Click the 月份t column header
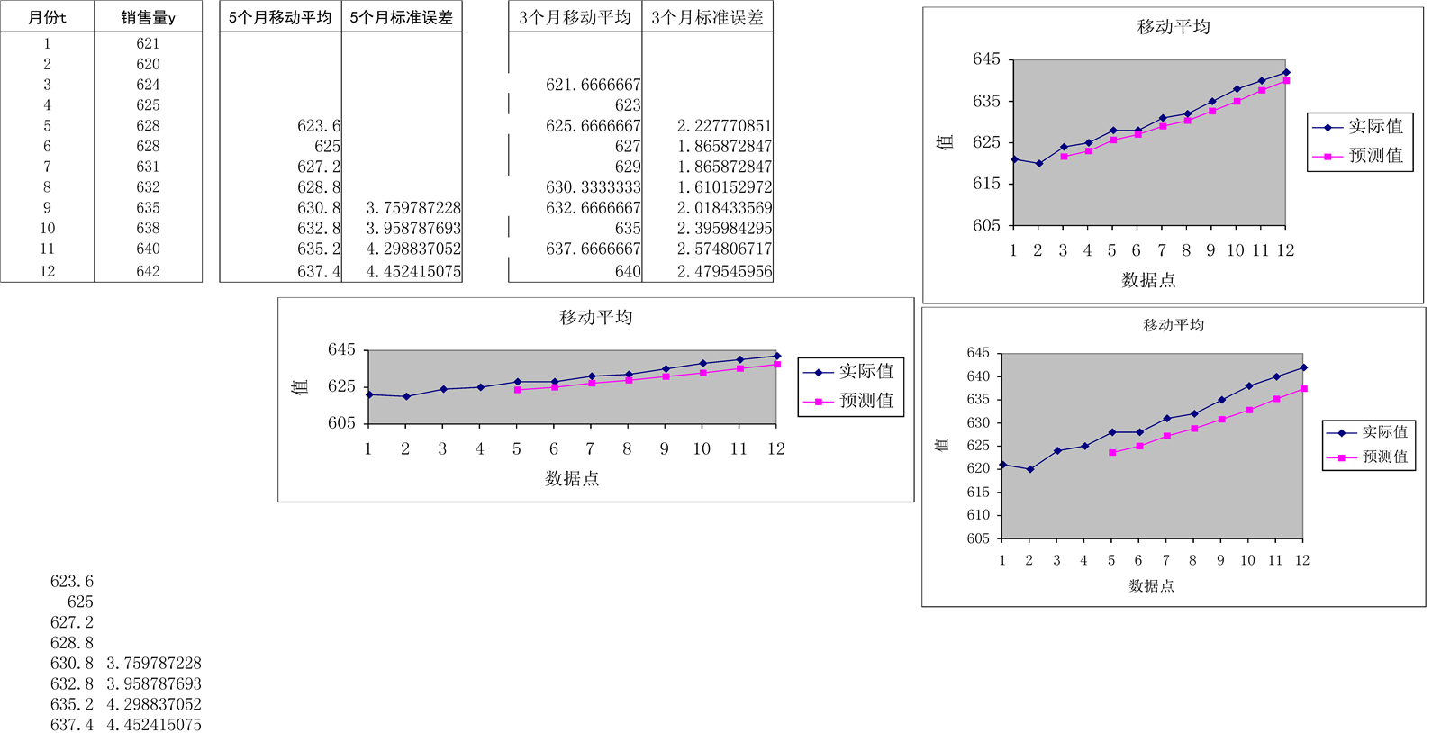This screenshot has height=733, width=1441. point(47,17)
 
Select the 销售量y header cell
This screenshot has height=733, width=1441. point(148,17)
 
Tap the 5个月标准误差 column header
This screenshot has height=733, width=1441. point(402,17)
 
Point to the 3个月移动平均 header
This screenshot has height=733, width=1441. point(575,17)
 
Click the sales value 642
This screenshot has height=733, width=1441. point(148,271)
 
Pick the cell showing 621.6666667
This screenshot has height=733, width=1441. point(593,85)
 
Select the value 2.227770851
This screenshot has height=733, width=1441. point(724,126)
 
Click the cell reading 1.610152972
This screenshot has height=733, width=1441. point(724,187)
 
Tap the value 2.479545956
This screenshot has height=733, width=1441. point(724,271)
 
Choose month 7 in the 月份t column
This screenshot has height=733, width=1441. point(47,167)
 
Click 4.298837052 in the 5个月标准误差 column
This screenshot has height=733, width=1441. point(413,249)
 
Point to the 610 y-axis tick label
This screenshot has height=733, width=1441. point(978,515)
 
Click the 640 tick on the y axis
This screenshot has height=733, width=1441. point(978,376)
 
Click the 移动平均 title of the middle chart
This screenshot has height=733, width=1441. point(595,317)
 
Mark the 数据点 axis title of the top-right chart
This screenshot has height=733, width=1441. point(1148,280)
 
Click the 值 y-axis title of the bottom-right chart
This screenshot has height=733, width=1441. point(942,445)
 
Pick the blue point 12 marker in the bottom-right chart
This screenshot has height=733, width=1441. point(1303,367)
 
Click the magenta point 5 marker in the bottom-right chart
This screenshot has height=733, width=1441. point(1112,452)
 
